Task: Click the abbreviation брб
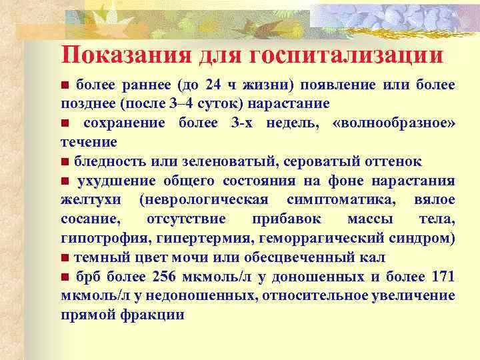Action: (87, 277)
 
